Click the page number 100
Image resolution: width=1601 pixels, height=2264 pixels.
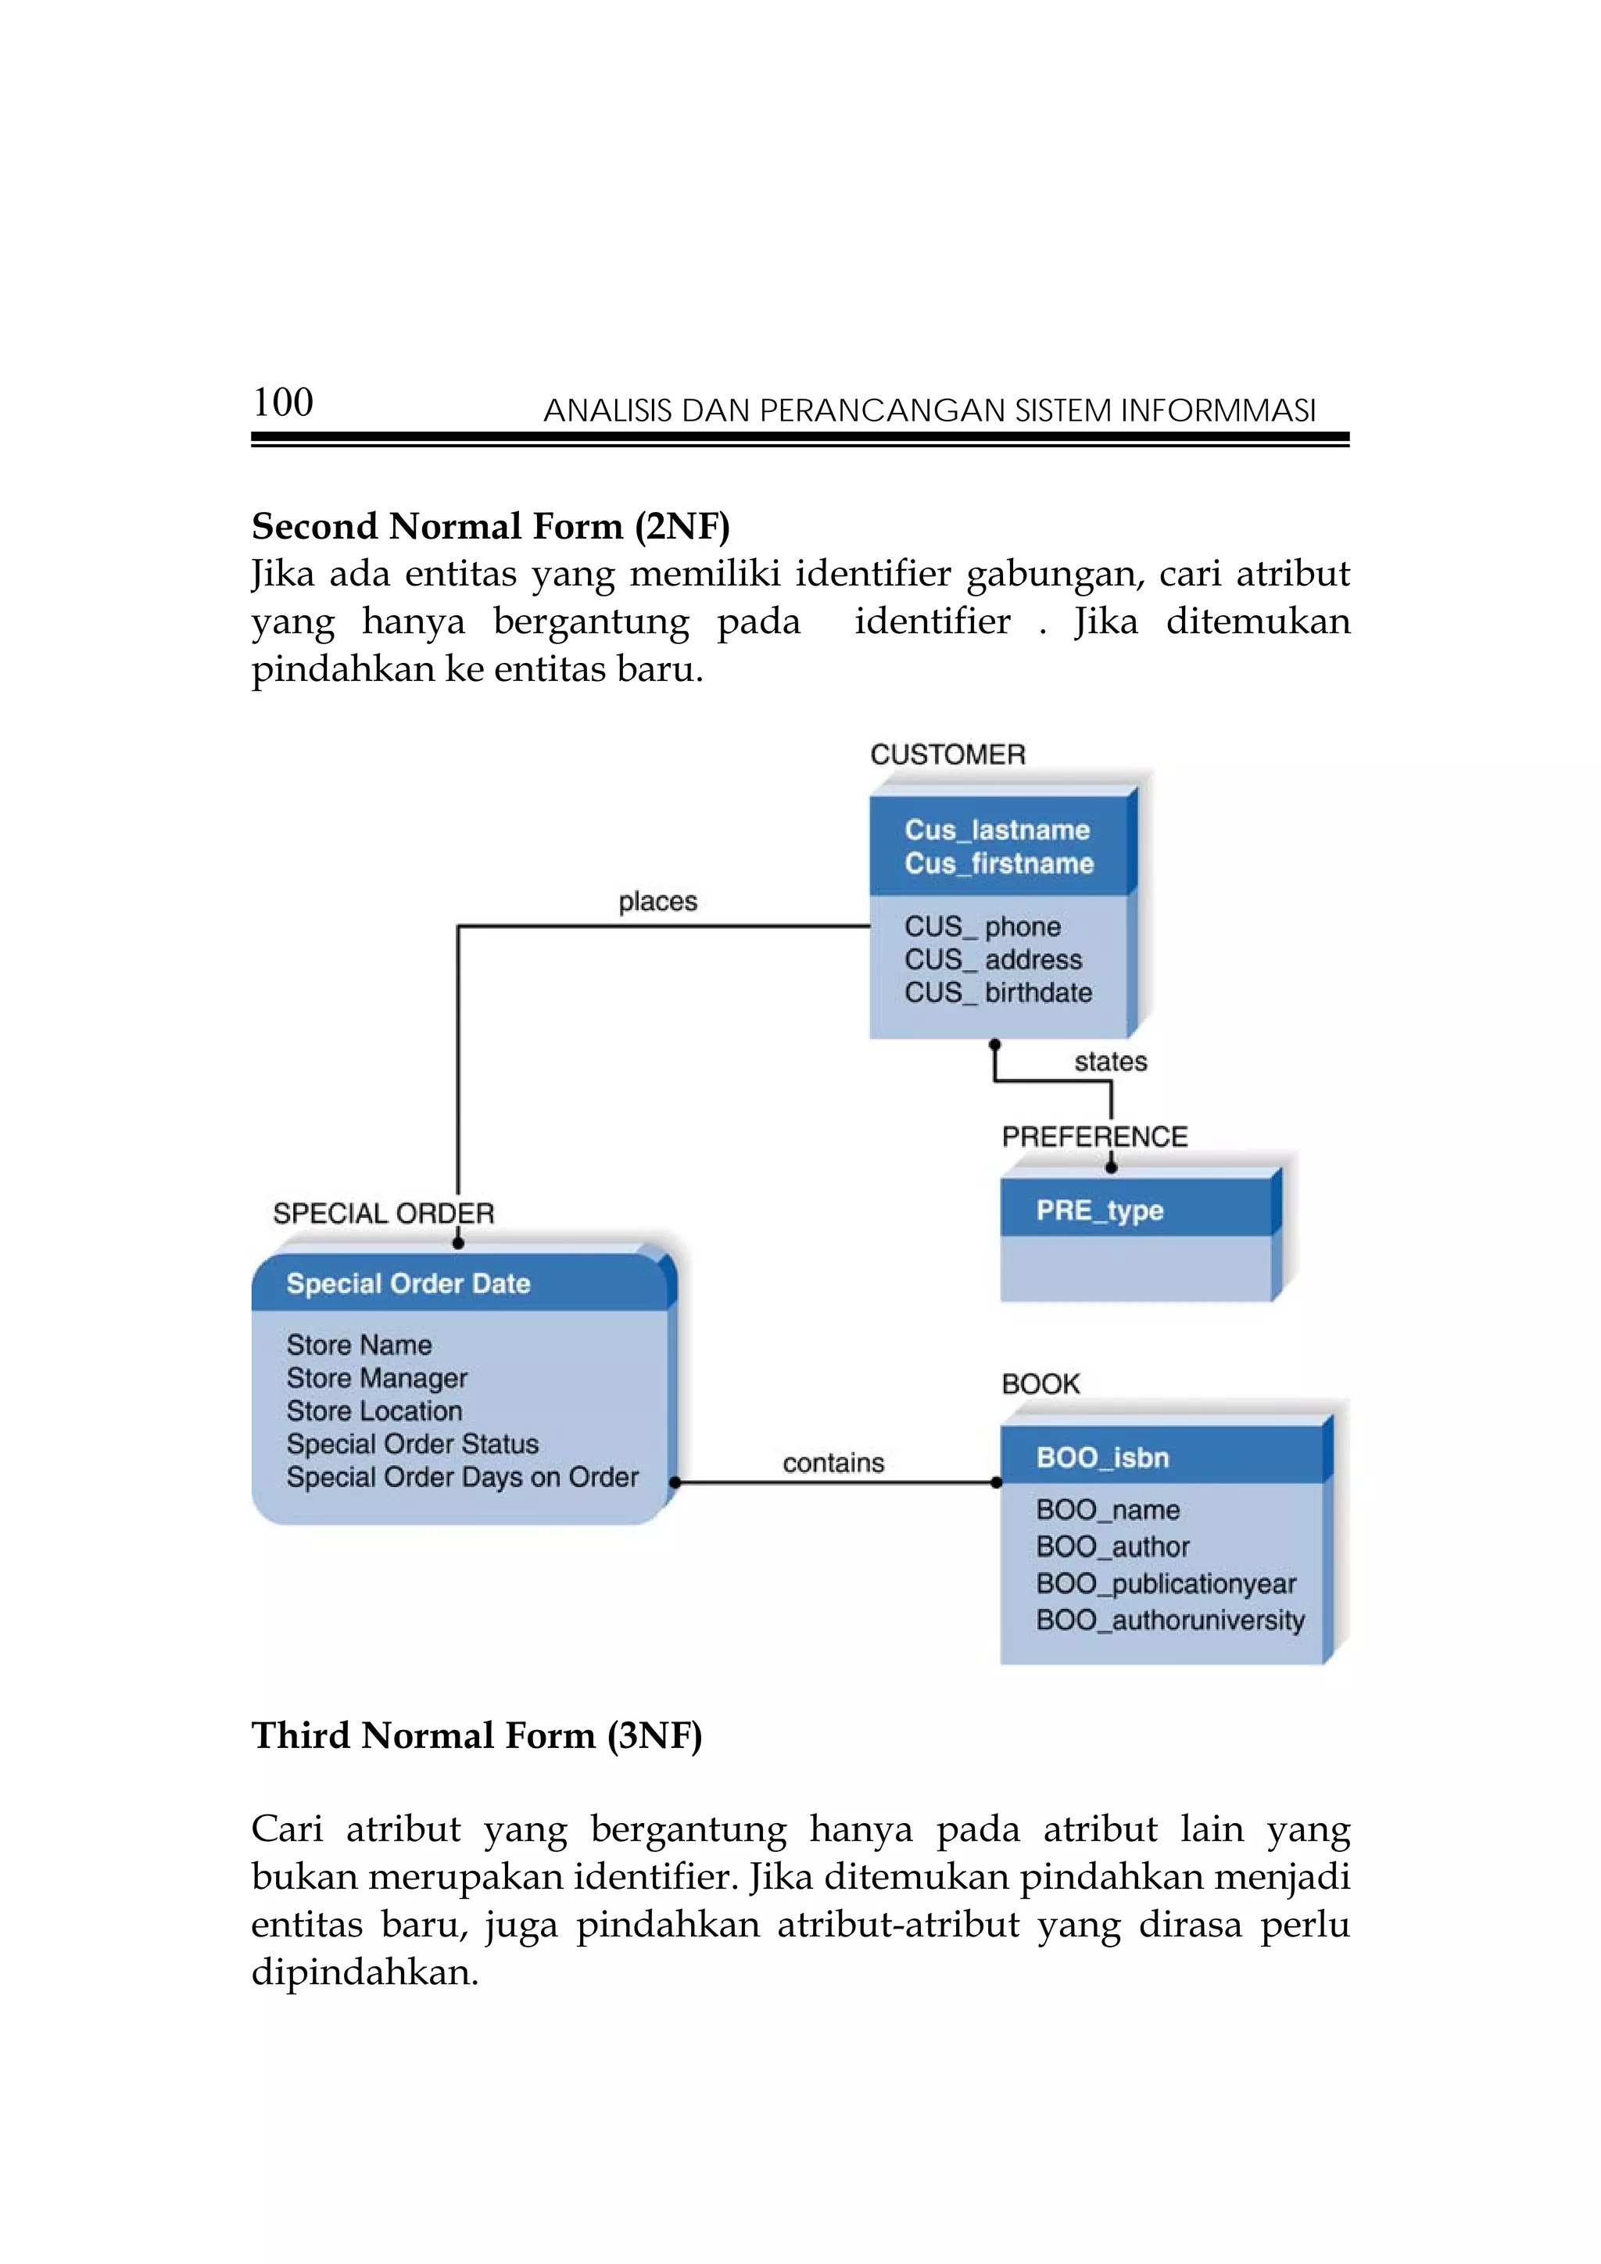tap(283, 403)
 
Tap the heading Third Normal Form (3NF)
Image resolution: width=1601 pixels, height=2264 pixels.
tap(476, 1735)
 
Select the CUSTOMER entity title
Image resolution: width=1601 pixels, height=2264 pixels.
tap(947, 754)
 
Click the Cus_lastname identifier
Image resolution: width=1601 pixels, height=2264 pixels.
tap(997, 829)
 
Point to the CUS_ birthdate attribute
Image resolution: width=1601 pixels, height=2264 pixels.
tap(997, 992)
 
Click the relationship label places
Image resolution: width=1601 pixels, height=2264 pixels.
tap(657, 901)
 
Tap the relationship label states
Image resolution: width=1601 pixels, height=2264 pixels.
tap(1110, 1061)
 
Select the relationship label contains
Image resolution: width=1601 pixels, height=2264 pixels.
tap(833, 1463)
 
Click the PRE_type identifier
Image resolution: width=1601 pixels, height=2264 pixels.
tap(1099, 1210)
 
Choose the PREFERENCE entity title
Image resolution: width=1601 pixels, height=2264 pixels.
tap(1094, 1136)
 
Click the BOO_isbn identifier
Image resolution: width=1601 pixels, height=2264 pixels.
tap(1102, 1457)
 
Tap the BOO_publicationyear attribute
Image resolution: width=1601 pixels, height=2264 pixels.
tap(1166, 1584)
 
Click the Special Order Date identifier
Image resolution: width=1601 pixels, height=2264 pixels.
tap(408, 1283)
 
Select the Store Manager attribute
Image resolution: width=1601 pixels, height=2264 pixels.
tap(377, 1377)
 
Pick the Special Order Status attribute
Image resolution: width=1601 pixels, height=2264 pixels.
tap(412, 1444)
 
